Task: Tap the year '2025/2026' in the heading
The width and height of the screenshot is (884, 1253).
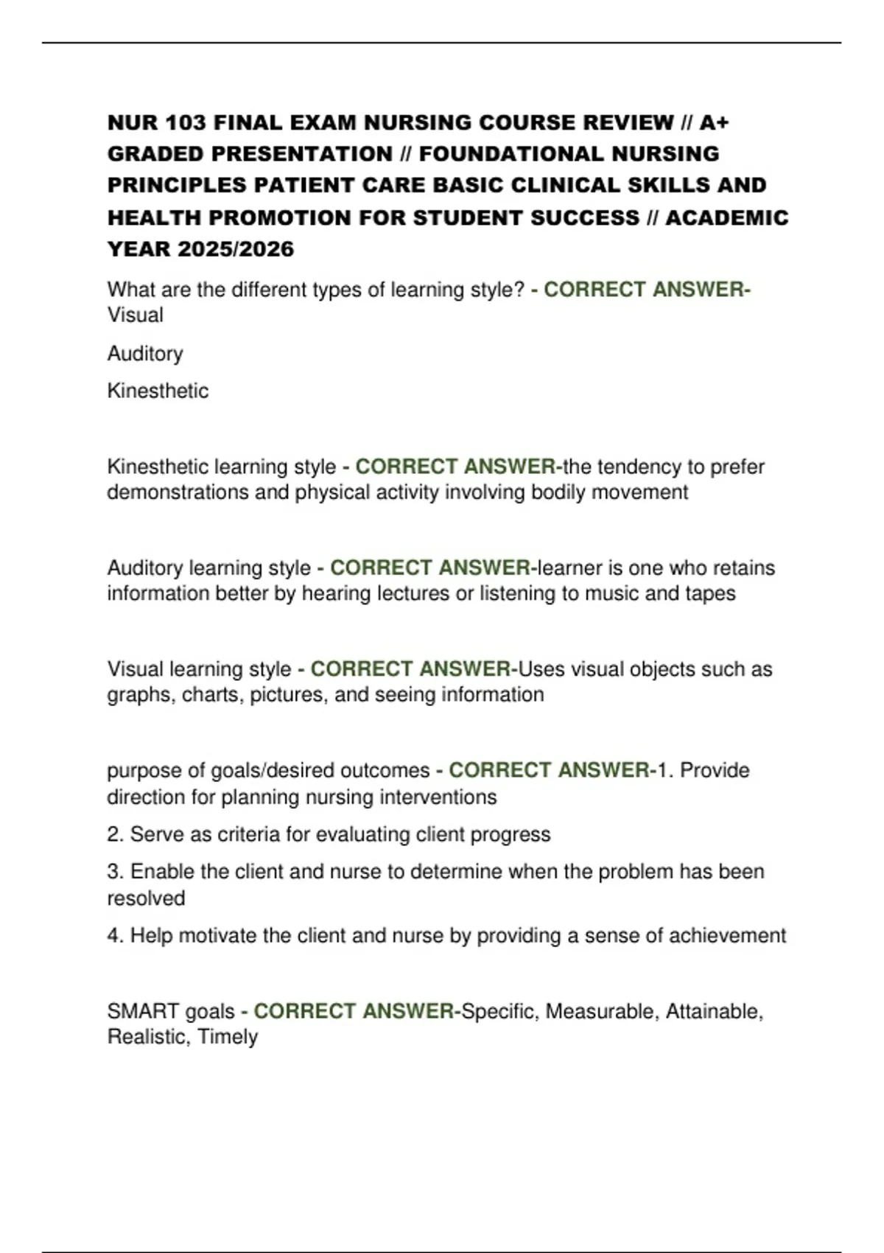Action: point(236,250)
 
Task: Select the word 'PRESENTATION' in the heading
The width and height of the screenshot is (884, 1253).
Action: point(302,154)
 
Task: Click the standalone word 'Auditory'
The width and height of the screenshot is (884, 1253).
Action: point(145,354)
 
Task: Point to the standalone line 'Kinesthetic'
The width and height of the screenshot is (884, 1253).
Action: point(158,391)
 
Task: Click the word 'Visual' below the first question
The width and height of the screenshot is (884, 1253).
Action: point(136,315)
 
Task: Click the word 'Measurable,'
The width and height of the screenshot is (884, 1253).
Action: point(600,1011)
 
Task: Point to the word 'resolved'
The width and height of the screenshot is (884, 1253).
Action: point(146,898)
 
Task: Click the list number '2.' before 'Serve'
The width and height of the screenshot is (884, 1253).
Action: point(116,834)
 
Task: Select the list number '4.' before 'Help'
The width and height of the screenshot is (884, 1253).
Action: point(116,935)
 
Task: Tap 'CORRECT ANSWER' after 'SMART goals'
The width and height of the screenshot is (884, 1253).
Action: point(354,1011)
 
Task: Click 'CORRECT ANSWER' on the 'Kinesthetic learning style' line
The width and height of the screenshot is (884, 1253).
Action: point(455,467)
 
